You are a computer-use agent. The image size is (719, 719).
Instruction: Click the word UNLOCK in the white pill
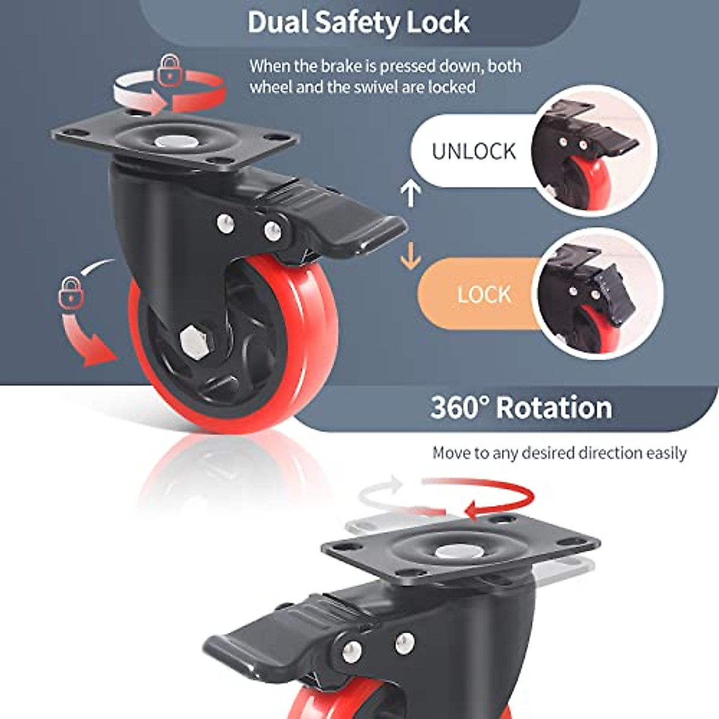point(473,151)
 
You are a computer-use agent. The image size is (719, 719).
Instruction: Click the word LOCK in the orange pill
point(484,294)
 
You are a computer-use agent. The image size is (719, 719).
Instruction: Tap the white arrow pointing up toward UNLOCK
point(410,192)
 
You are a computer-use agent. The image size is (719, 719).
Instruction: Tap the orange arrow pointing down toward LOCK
point(410,255)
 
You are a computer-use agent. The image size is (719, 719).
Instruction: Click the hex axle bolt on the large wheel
point(194,341)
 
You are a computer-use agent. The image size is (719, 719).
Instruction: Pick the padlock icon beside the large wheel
point(71,292)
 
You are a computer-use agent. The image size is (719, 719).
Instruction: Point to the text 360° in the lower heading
point(460,407)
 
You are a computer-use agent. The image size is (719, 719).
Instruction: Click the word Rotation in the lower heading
point(554,407)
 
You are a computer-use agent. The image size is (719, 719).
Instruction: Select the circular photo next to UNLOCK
point(593,150)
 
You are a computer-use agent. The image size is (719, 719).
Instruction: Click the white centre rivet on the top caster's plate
point(172,142)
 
